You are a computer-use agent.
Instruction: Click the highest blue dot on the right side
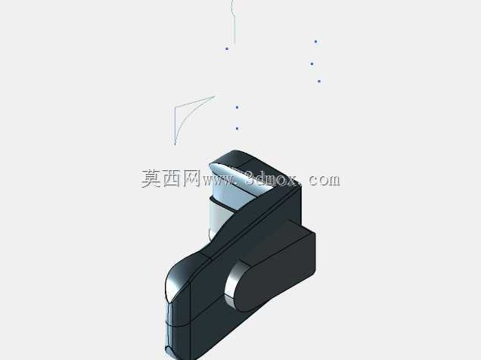(x=315, y=42)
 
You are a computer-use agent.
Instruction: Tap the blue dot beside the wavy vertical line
(x=227, y=48)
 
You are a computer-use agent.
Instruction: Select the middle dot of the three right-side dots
(x=312, y=64)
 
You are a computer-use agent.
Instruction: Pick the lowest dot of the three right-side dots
(x=319, y=81)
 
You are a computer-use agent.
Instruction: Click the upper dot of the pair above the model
(x=237, y=107)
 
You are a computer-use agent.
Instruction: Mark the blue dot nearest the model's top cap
(x=237, y=129)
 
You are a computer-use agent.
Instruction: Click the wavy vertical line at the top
(x=234, y=21)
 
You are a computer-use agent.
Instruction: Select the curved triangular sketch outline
(x=175, y=123)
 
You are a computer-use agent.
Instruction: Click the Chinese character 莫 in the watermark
(x=151, y=178)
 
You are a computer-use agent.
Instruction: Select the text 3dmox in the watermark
(x=271, y=178)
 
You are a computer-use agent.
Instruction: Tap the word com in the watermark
(x=324, y=180)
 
